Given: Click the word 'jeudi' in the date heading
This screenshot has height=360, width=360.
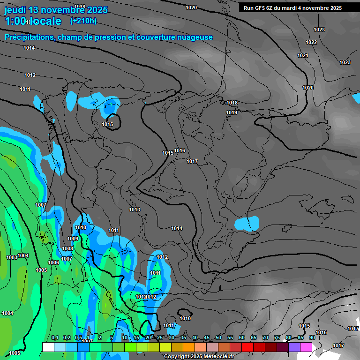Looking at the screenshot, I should point(15,10).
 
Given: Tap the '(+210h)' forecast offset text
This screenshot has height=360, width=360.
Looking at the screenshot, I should point(83,21).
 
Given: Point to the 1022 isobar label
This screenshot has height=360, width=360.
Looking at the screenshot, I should point(311,42).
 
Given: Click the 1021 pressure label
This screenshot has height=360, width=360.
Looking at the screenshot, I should point(303,55).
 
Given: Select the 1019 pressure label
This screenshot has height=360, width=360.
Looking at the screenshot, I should point(232,112).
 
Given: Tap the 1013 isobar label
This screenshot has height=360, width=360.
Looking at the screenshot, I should point(135,210).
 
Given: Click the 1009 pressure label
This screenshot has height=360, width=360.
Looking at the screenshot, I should point(73,239).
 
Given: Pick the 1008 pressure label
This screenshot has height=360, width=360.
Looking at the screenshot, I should point(67,248).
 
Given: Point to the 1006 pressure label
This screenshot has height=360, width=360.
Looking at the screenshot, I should point(53,262).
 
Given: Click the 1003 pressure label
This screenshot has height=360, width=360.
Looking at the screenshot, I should point(12,257).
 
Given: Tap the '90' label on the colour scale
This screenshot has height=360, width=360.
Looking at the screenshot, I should point(312,337).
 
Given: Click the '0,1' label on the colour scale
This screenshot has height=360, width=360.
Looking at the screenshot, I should point(55,337).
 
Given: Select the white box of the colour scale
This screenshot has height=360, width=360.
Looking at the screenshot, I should point(48,347).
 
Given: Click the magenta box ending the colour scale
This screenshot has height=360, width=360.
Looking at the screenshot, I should point(306,347).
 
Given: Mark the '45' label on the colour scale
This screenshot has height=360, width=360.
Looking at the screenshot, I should point(207,337).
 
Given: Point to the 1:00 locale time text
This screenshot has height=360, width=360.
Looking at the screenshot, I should point(33,21).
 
